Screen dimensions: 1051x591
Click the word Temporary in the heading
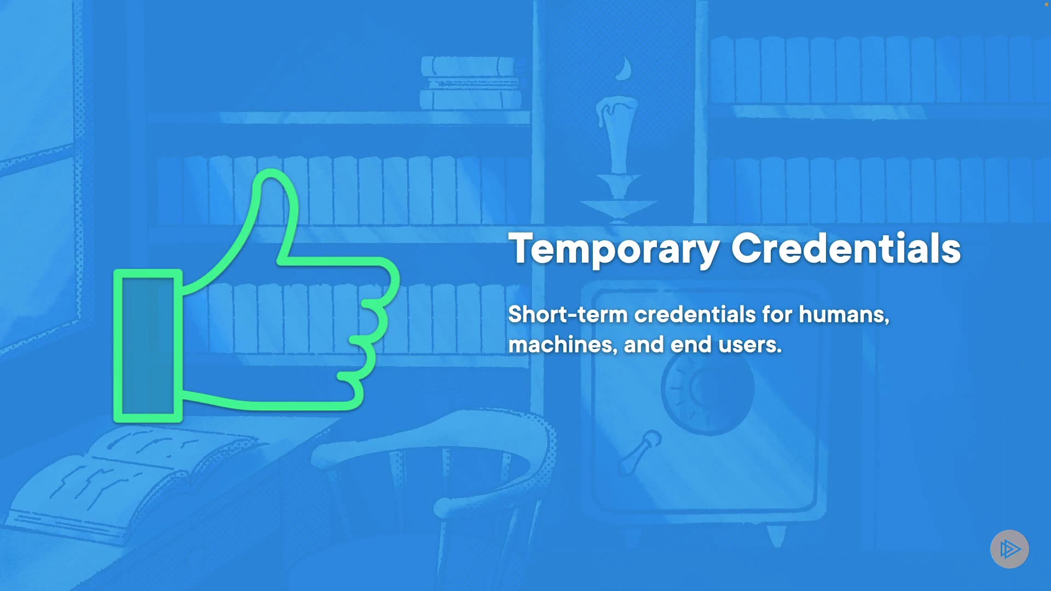click(x=614, y=250)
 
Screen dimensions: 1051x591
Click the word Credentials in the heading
click(x=846, y=248)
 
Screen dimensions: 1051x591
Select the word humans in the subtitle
click(x=844, y=315)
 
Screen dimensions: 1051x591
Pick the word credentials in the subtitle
click(x=695, y=315)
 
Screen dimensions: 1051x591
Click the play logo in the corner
click(x=1009, y=549)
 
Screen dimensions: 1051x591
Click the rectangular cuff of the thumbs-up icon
click(x=148, y=346)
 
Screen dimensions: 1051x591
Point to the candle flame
click(x=623, y=69)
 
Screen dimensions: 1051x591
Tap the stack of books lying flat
click(x=471, y=83)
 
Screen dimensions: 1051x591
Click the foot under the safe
click(x=776, y=536)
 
